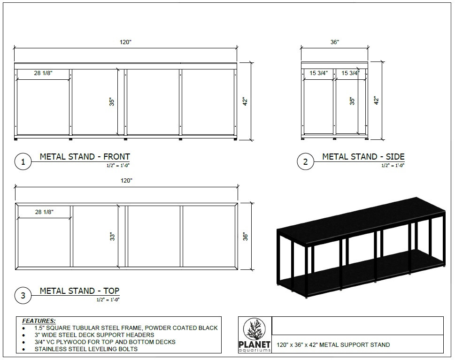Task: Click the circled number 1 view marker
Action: click(x=23, y=162)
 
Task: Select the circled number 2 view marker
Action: click(x=305, y=162)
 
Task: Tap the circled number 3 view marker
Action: click(x=23, y=296)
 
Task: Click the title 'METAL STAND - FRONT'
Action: click(x=85, y=157)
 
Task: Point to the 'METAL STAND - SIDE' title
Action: click(x=363, y=157)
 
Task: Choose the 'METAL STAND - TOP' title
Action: click(x=79, y=291)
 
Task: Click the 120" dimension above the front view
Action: click(x=125, y=42)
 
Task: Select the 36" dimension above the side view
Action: click(x=334, y=42)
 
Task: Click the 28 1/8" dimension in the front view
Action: click(x=44, y=73)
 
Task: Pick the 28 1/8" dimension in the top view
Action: click(x=44, y=212)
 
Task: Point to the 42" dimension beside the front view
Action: click(x=245, y=101)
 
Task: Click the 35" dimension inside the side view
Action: click(x=352, y=101)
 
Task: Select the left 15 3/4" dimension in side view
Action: click(x=318, y=73)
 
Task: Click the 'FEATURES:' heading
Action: click(x=39, y=321)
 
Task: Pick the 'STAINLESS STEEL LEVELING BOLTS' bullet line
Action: click(x=86, y=349)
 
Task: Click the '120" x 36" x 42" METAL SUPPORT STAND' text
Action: click(x=333, y=345)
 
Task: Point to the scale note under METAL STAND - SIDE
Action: click(x=393, y=165)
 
